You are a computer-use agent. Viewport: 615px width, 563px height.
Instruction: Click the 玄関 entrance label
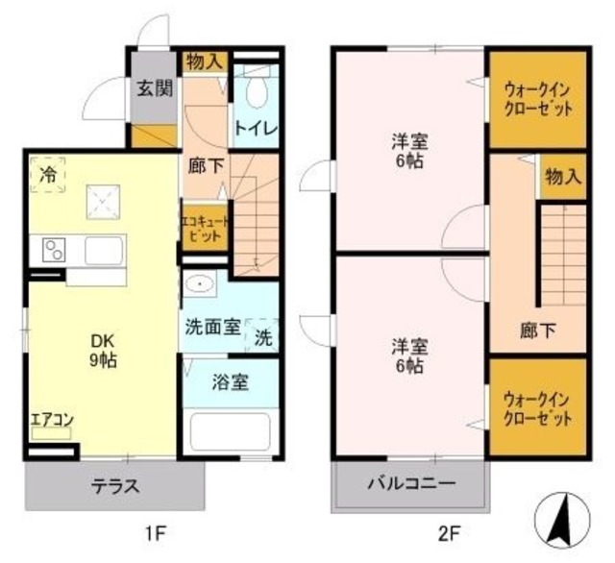coord(153,89)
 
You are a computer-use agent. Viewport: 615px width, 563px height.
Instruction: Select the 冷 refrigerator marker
coord(47,174)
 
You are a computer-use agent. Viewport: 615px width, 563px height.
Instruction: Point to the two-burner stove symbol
coord(54,252)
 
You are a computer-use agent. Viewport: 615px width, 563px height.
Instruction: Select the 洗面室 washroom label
coord(211,326)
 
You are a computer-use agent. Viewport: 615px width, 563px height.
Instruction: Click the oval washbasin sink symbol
coord(202,284)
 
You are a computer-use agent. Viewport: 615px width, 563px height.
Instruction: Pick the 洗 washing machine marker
coord(262,336)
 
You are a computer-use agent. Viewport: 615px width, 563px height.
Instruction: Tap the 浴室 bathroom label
coord(231,381)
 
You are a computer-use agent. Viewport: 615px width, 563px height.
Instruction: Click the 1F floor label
coord(155,530)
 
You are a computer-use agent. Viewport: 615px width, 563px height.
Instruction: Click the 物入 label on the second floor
coord(563,177)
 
